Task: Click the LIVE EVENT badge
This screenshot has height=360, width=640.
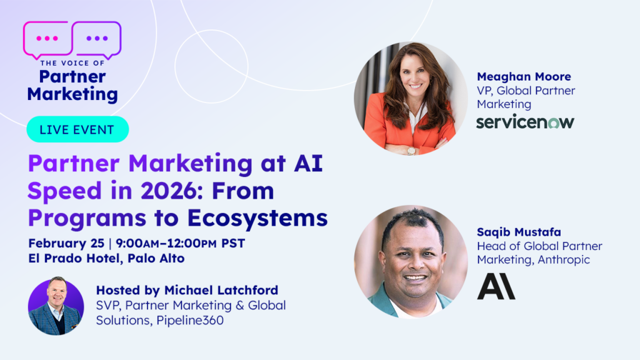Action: pyautogui.click(x=77, y=129)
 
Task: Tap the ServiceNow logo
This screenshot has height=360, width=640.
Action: pyautogui.click(x=525, y=122)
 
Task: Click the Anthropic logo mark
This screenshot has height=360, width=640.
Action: pyautogui.click(x=496, y=286)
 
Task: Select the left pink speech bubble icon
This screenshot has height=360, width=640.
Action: pyautogui.click(x=47, y=39)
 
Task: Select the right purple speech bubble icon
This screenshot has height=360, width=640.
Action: pyautogui.click(x=97, y=39)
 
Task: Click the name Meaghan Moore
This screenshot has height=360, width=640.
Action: pyautogui.click(x=524, y=76)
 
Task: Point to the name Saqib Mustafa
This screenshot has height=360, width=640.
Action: pyautogui.click(x=519, y=232)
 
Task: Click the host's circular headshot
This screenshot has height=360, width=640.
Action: pyautogui.click(x=56, y=306)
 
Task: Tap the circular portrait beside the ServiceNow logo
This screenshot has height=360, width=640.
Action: pyautogui.click(x=411, y=98)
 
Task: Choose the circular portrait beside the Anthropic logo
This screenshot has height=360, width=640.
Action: pyautogui.click(x=411, y=262)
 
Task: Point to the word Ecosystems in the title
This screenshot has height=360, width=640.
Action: pyautogui.click(x=257, y=218)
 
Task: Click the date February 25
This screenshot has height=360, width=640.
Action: pyautogui.click(x=66, y=243)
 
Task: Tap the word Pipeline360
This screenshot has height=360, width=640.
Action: pyautogui.click(x=190, y=321)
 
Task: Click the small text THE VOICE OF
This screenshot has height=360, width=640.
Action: pyautogui.click(x=72, y=63)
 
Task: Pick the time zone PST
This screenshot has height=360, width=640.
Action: pyautogui.click(x=233, y=243)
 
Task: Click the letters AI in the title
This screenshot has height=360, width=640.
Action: pyautogui.click(x=308, y=163)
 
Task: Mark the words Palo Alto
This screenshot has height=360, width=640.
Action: pyautogui.click(x=156, y=258)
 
